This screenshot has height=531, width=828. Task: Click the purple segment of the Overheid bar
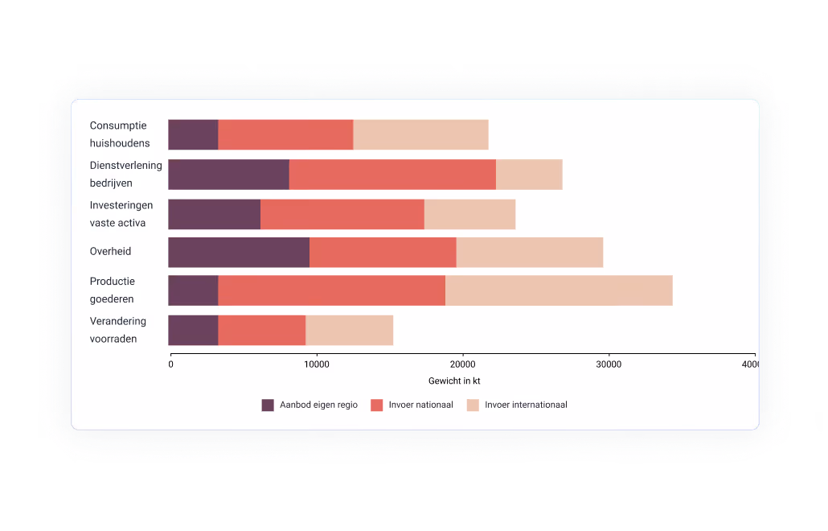pos(239,252)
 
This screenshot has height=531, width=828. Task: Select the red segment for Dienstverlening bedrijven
pos(392,175)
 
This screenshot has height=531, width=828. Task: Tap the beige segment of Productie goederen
pos(559,290)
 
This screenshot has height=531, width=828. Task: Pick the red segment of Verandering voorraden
pos(262,330)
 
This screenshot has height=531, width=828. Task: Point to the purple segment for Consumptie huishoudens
pos(193,134)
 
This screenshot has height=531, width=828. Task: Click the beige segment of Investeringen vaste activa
pos(470,214)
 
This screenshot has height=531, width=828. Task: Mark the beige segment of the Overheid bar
pos(530,252)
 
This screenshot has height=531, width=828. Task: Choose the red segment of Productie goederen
pos(332,290)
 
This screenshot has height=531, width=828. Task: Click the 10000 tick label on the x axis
pos(317,364)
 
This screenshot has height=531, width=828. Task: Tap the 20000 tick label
pos(462,364)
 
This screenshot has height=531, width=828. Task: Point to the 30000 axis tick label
pos(609,364)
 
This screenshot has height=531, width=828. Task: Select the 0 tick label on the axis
pos(170,364)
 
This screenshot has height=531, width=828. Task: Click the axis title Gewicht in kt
pos(454,381)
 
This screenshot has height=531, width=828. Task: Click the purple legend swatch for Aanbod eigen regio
pos(268,405)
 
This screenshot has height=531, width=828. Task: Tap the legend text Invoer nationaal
pos(421,405)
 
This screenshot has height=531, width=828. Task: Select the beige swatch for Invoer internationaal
pos(473,405)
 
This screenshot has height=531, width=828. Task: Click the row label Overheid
pos(110,252)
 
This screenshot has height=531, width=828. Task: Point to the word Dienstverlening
pos(125,166)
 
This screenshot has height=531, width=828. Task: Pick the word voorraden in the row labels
pos(113,339)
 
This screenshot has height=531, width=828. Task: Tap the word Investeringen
pos(121,205)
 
